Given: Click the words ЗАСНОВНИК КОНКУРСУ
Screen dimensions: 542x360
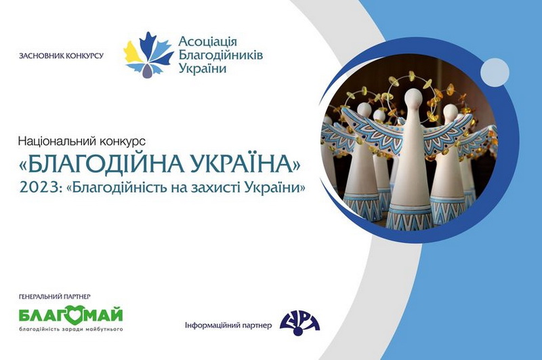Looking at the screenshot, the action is [61, 56].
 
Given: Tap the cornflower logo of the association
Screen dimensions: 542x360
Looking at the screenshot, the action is [148, 55].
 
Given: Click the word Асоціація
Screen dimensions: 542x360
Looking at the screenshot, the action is [208, 42].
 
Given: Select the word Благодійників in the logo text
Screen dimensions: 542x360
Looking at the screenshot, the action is [221, 55].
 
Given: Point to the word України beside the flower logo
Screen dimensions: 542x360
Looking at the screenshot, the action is [203, 68].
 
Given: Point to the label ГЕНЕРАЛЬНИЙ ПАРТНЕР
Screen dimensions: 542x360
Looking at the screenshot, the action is [55, 296].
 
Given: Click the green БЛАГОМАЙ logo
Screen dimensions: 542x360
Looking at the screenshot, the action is [71, 314].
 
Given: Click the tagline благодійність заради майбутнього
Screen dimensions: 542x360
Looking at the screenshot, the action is [71, 329].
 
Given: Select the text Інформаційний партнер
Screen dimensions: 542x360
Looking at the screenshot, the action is [228, 325].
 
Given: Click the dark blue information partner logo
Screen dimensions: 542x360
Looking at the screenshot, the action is [299, 323].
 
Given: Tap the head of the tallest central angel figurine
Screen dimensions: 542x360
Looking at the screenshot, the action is [414, 97].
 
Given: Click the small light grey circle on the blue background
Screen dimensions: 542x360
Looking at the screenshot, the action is [495, 73].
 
